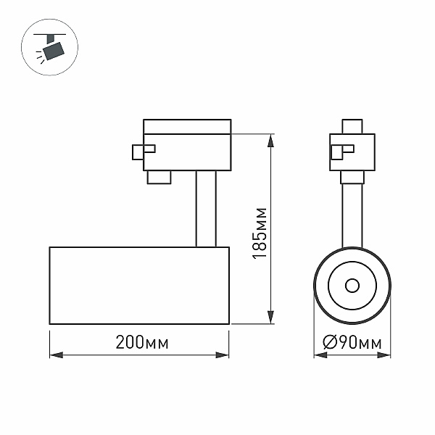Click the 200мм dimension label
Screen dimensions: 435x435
pyautogui.click(x=142, y=342)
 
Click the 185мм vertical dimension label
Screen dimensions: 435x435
pyautogui.click(x=260, y=233)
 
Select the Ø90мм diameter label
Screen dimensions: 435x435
pyautogui.click(x=352, y=342)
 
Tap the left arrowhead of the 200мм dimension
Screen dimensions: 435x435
pyautogui.click(x=57, y=355)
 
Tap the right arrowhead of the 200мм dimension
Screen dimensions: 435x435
pyautogui.click(x=223, y=355)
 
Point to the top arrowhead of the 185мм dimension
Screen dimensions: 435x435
pyautogui.click(x=270, y=141)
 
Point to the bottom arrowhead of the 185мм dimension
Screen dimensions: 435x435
pyautogui.click(x=270, y=317)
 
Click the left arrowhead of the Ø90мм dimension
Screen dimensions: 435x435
pyautogui.click(x=320, y=355)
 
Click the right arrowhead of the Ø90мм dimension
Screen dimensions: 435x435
pyautogui.click(x=384, y=355)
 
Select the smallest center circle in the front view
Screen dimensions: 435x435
pyautogui.click(x=352, y=286)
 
